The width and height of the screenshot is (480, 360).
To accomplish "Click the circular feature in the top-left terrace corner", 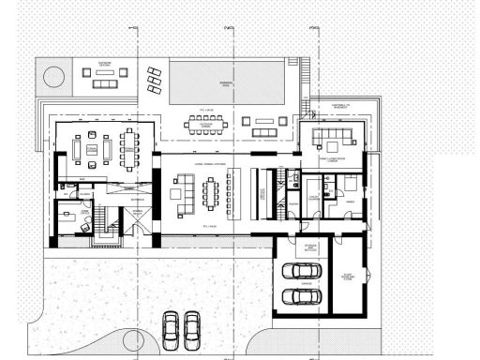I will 52,74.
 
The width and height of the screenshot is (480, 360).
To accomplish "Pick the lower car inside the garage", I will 300,297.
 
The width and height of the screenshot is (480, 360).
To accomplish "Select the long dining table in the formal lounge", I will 127,147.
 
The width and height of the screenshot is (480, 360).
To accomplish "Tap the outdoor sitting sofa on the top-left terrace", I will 100,71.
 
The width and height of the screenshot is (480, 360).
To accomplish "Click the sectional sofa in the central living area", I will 176,193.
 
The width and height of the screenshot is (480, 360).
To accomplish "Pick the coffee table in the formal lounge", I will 92,149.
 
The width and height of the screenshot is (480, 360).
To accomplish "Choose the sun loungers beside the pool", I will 154,81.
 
